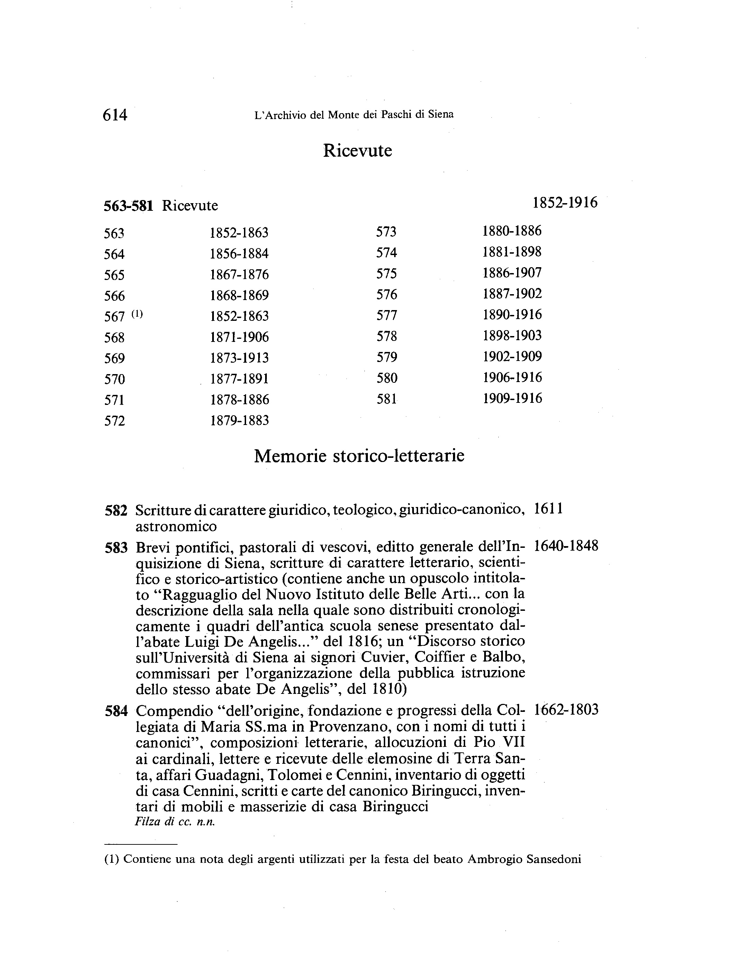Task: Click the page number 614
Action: click(x=115, y=115)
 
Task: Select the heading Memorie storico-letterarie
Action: click(x=359, y=456)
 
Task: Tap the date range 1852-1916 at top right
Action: click(x=565, y=203)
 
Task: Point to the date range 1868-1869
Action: click(x=239, y=296)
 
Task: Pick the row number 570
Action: click(x=115, y=379)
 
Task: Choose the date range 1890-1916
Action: click(x=512, y=315)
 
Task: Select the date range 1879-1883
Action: click(x=239, y=420)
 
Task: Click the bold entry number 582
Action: click(x=116, y=510)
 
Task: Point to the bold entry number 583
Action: click(x=116, y=548)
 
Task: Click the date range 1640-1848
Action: click(x=566, y=546)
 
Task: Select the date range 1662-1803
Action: click(x=566, y=710)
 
